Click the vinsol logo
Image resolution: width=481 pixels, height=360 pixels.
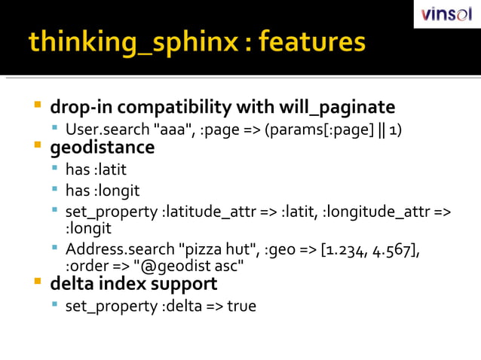point(447,14)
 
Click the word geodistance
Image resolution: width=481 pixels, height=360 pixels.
point(102,147)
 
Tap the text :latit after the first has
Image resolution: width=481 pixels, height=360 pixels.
point(110,170)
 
